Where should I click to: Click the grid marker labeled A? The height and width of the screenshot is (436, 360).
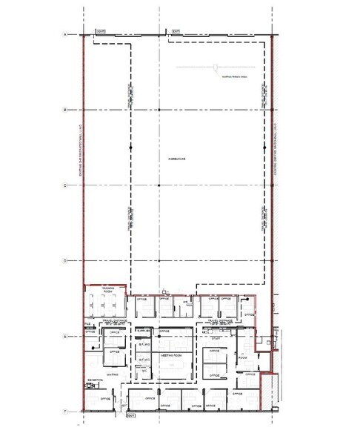pos(65,35)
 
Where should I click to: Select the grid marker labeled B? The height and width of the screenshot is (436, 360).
pos(65,110)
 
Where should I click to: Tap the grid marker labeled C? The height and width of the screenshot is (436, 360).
pos(65,185)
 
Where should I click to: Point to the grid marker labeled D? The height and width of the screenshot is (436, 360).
pos(65,261)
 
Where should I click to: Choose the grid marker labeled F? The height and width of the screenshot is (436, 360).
pos(65,411)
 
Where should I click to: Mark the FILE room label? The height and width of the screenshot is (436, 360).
pos(87,324)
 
